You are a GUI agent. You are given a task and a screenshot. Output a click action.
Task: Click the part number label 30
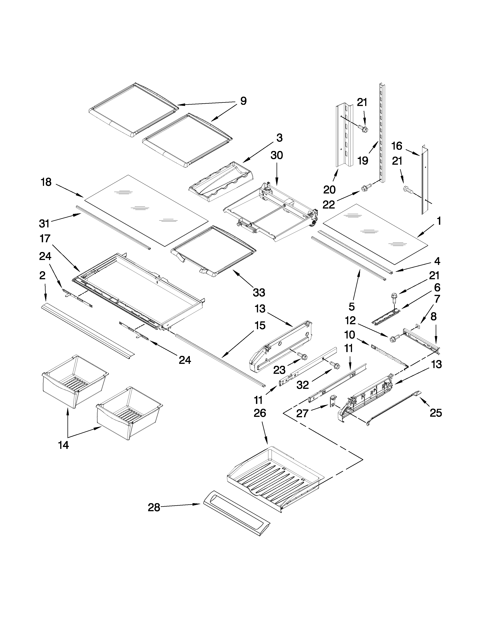(276, 156)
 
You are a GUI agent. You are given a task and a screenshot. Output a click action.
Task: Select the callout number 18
(46, 182)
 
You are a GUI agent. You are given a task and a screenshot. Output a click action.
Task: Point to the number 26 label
(260, 413)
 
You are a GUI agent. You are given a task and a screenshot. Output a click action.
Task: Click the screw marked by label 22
(365, 189)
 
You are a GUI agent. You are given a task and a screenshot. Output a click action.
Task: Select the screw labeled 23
(303, 356)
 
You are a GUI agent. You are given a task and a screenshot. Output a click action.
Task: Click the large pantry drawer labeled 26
(273, 480)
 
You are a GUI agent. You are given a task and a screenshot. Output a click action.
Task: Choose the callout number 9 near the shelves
(243, 101)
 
